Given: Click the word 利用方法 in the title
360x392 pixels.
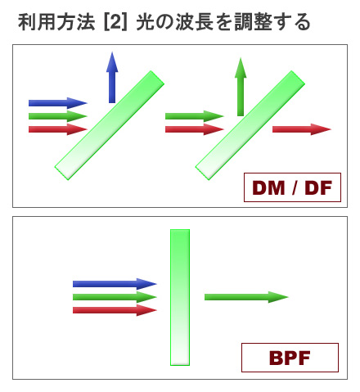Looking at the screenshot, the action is (x=56, y=22).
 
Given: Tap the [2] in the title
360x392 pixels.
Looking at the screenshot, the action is (x=115, y=22).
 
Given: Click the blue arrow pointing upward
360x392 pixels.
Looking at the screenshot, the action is (x=112, y=77).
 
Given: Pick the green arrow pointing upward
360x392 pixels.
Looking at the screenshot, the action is (x=241, y=87).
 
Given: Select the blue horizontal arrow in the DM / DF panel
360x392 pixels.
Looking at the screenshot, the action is (x=58, y=103).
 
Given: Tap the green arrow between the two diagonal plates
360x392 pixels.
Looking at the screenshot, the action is (x=195, y=116).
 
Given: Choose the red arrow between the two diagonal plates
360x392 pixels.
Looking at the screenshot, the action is (x=195, y=129).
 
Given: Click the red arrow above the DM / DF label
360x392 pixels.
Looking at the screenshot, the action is (x=302, y=129).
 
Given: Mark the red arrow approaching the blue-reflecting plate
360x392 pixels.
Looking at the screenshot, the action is (x=58, y=129).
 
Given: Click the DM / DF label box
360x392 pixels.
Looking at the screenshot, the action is (x=292, y=187).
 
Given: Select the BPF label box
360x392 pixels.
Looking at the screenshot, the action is (x=290, y=358).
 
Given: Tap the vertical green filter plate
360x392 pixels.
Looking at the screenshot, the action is (x=180, y=297).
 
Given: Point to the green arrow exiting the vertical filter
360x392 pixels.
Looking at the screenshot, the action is (x=246, y=297).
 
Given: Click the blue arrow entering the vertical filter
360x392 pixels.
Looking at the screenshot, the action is (x=115, y=284).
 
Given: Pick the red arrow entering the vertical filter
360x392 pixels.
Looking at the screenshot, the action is (x=115, y=310).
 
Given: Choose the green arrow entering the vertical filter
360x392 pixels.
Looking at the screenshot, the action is (x=115, y=297).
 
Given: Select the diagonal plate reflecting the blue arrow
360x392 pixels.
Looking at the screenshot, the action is (x=110, y=125).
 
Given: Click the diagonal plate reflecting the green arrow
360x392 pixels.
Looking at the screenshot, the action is (x=250, y=125).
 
